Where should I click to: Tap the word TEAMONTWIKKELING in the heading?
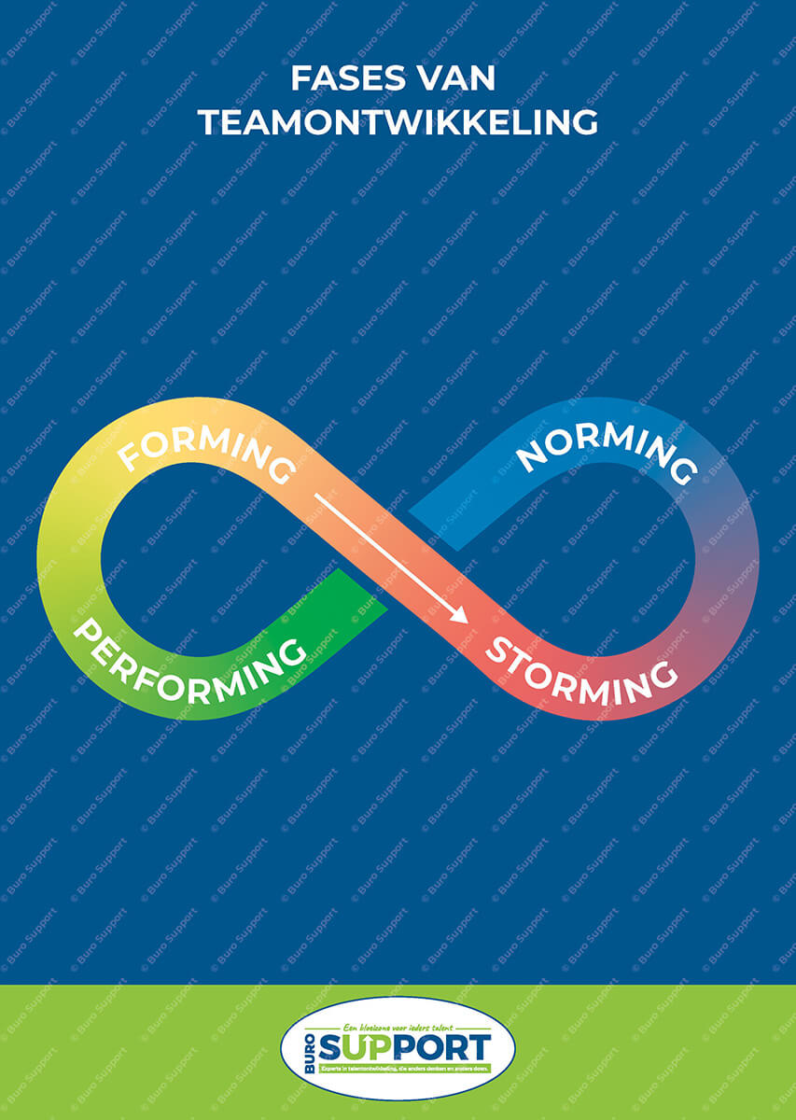(398, 122)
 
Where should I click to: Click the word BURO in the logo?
(311, 1051)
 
